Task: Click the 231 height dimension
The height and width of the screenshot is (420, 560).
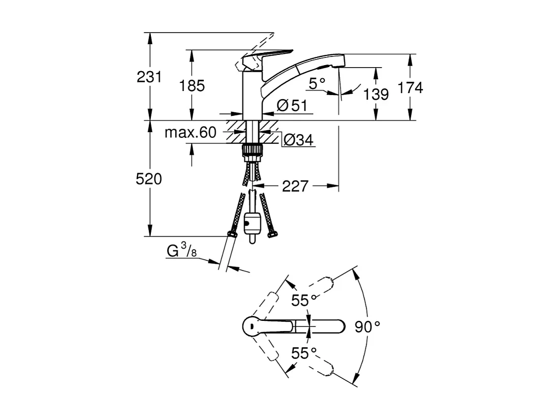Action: pos(149,77)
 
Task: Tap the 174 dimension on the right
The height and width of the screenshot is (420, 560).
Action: pos(410,88)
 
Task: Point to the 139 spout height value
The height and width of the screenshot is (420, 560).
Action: pos(377,94)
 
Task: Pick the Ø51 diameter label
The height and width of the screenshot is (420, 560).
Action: pos(292,106)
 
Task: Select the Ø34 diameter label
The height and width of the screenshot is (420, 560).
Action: pos(298,140)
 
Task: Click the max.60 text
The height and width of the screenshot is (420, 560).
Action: pos(191,133)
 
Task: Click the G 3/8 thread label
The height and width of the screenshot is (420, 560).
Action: pos(180,252)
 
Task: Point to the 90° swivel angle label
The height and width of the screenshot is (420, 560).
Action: pos(367,326)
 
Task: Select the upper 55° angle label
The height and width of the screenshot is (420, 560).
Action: pos(304,301)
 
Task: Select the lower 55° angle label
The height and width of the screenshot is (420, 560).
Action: pos(304,352)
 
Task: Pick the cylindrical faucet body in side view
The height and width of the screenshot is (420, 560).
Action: pos(253,94)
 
